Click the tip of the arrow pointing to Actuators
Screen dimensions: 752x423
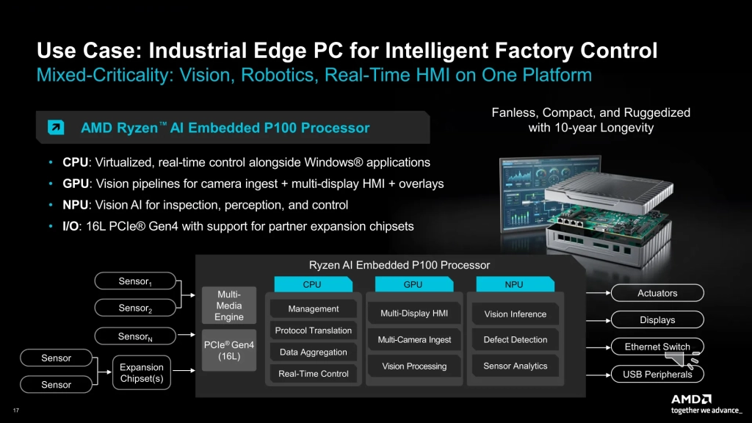point(610,292)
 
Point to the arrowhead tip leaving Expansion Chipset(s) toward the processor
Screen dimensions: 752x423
point(195,370)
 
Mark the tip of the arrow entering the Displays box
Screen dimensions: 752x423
point(610,320)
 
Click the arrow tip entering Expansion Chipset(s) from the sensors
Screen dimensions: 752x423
point(112,372)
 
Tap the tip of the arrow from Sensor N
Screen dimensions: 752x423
point(195,335)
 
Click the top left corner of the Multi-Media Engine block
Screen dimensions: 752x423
point(202,287)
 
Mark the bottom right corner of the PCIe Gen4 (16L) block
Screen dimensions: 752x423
point(256,371)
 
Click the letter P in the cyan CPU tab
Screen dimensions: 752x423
point(312,284)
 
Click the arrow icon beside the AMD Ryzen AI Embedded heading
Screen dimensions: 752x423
point(56,127)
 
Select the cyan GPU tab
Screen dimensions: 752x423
point(414,284)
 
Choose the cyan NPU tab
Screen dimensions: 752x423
point(515,284)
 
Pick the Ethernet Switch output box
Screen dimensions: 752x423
point(657,347)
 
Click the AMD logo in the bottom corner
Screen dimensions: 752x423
point(690,399)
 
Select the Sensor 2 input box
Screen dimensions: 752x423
point(135,308)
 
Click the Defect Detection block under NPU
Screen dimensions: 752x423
point(515,339)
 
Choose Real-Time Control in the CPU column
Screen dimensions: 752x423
point(313,374)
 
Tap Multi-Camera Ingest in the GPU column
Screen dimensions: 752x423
point(414,339)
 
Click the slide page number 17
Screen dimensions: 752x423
point(16,410)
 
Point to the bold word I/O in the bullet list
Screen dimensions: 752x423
point(70,226)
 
